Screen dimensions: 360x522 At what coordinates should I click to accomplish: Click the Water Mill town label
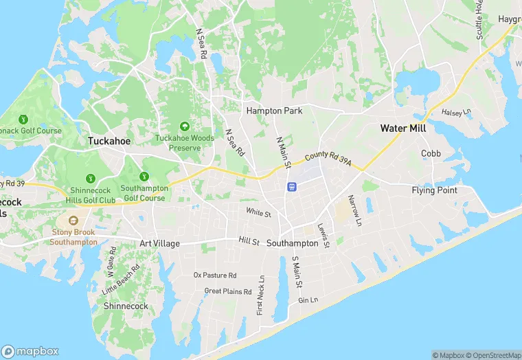point(403,128)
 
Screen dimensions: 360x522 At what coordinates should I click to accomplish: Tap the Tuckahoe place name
point(109,141)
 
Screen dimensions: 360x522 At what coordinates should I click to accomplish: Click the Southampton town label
point(292,243)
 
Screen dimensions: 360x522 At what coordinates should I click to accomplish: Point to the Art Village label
point(160,243)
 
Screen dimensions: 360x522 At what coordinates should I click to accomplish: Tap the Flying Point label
point(434,190)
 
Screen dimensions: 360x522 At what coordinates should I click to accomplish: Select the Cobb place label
point(431,153)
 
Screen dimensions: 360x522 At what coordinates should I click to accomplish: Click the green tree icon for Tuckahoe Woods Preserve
point(184,126)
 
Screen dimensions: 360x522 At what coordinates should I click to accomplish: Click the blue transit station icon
point(292,186)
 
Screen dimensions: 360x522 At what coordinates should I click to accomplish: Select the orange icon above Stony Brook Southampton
point(73,221)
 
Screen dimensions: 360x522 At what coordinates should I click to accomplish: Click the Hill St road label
point(249,242)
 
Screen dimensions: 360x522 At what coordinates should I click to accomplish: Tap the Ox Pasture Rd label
point(215,275)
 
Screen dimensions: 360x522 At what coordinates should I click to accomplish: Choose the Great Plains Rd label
point(228,291)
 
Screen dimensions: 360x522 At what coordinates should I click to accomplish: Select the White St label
point(258,214)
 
